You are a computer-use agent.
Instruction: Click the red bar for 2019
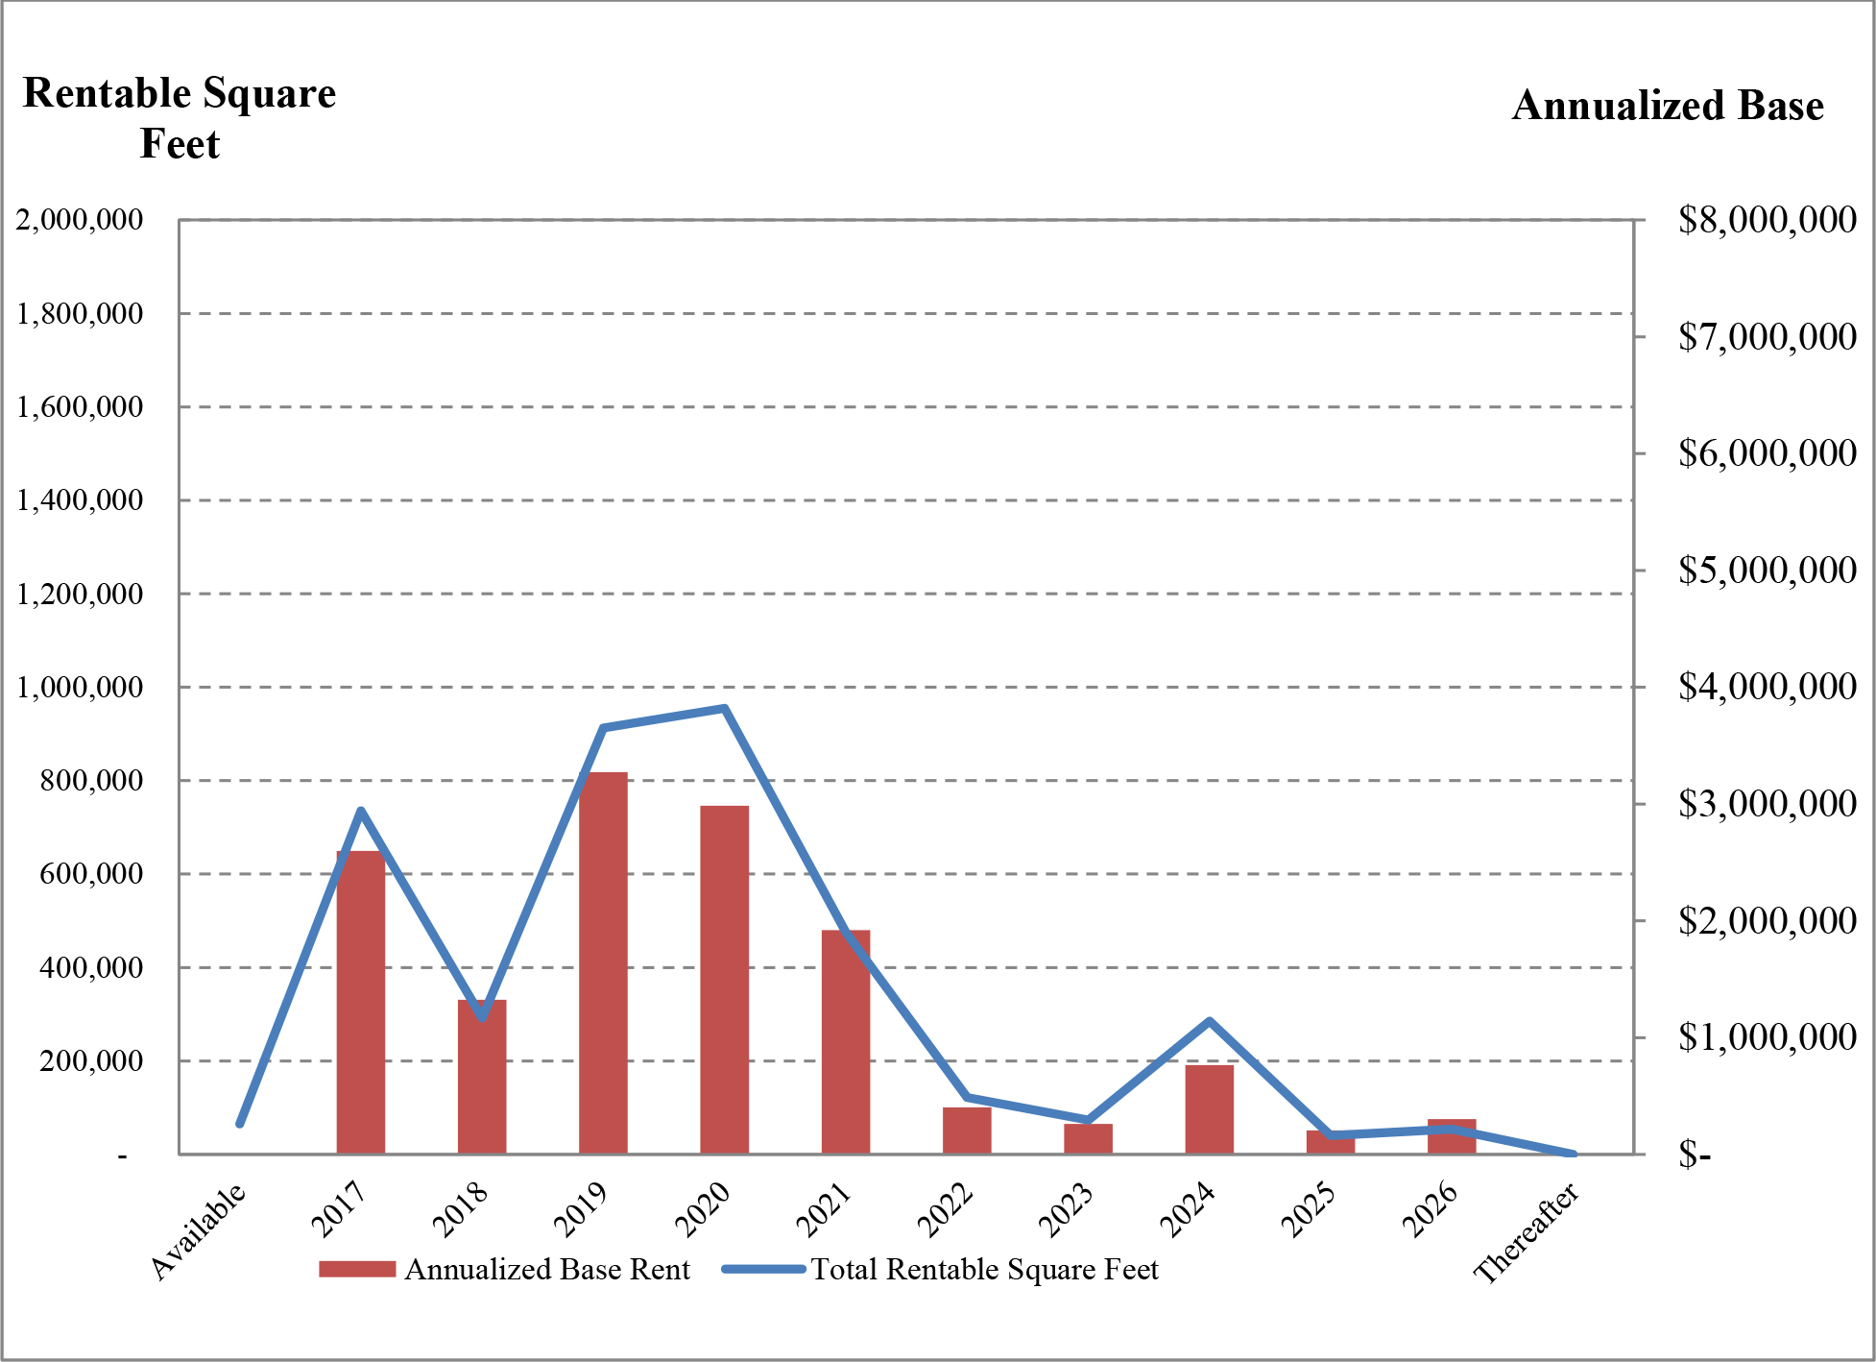point(603,961)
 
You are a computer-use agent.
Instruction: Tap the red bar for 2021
point(846,1041)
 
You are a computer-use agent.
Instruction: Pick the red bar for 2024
point(1210,1108)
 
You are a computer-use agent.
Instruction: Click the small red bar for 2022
point(967,1130)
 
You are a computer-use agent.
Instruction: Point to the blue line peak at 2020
point(725,709)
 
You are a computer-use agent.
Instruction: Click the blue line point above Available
point(239,1124)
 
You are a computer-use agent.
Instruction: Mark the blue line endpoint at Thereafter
point(1573,1153)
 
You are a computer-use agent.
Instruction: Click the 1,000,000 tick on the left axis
point(80,688)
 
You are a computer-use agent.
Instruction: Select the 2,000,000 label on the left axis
point(80,220)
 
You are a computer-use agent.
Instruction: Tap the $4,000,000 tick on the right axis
point(1767,687)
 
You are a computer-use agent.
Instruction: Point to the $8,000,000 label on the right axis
point(1767,220)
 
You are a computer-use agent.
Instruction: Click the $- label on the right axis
point(1695,1154)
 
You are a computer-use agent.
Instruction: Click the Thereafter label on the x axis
point(1527,1233)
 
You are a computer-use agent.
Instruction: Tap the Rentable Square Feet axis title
point(180,118)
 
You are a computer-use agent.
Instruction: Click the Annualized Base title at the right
point(1668,106)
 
